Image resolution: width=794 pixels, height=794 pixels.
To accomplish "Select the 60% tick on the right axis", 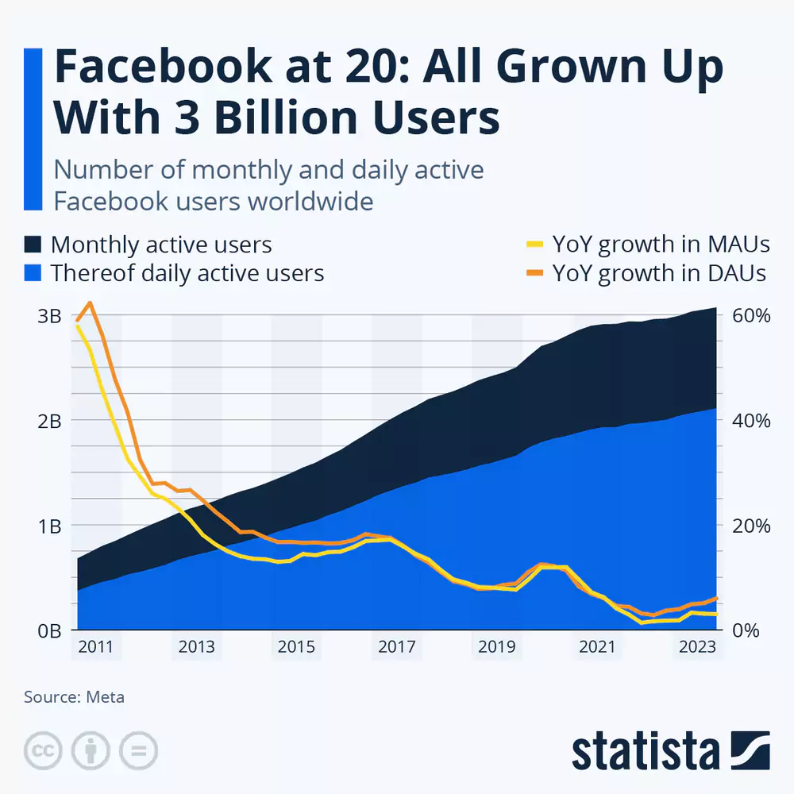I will [x=750, y=316].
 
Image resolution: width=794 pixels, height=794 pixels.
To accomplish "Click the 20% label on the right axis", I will [x=750, y=526].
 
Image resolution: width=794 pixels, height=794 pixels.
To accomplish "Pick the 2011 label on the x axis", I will [x=95, y=647].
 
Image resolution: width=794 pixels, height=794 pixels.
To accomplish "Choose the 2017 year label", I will [x=396, y=647].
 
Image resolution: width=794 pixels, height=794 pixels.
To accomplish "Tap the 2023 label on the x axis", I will [x=696, y=647].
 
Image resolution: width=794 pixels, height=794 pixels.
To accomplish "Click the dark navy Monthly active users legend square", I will [x=33, y=244].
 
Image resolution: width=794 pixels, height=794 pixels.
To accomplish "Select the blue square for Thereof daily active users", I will [x=33, y=273].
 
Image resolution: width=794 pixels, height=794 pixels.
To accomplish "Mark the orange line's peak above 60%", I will [x=90, y=303].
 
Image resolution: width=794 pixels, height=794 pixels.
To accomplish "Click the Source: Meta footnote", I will [x=74, y=697].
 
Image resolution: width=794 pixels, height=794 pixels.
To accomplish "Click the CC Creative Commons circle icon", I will [x=44, y=750].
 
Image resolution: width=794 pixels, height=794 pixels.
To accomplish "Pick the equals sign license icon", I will [x=139, y=750].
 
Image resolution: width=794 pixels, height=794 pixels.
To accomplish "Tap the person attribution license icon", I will [x=91, y=750].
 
